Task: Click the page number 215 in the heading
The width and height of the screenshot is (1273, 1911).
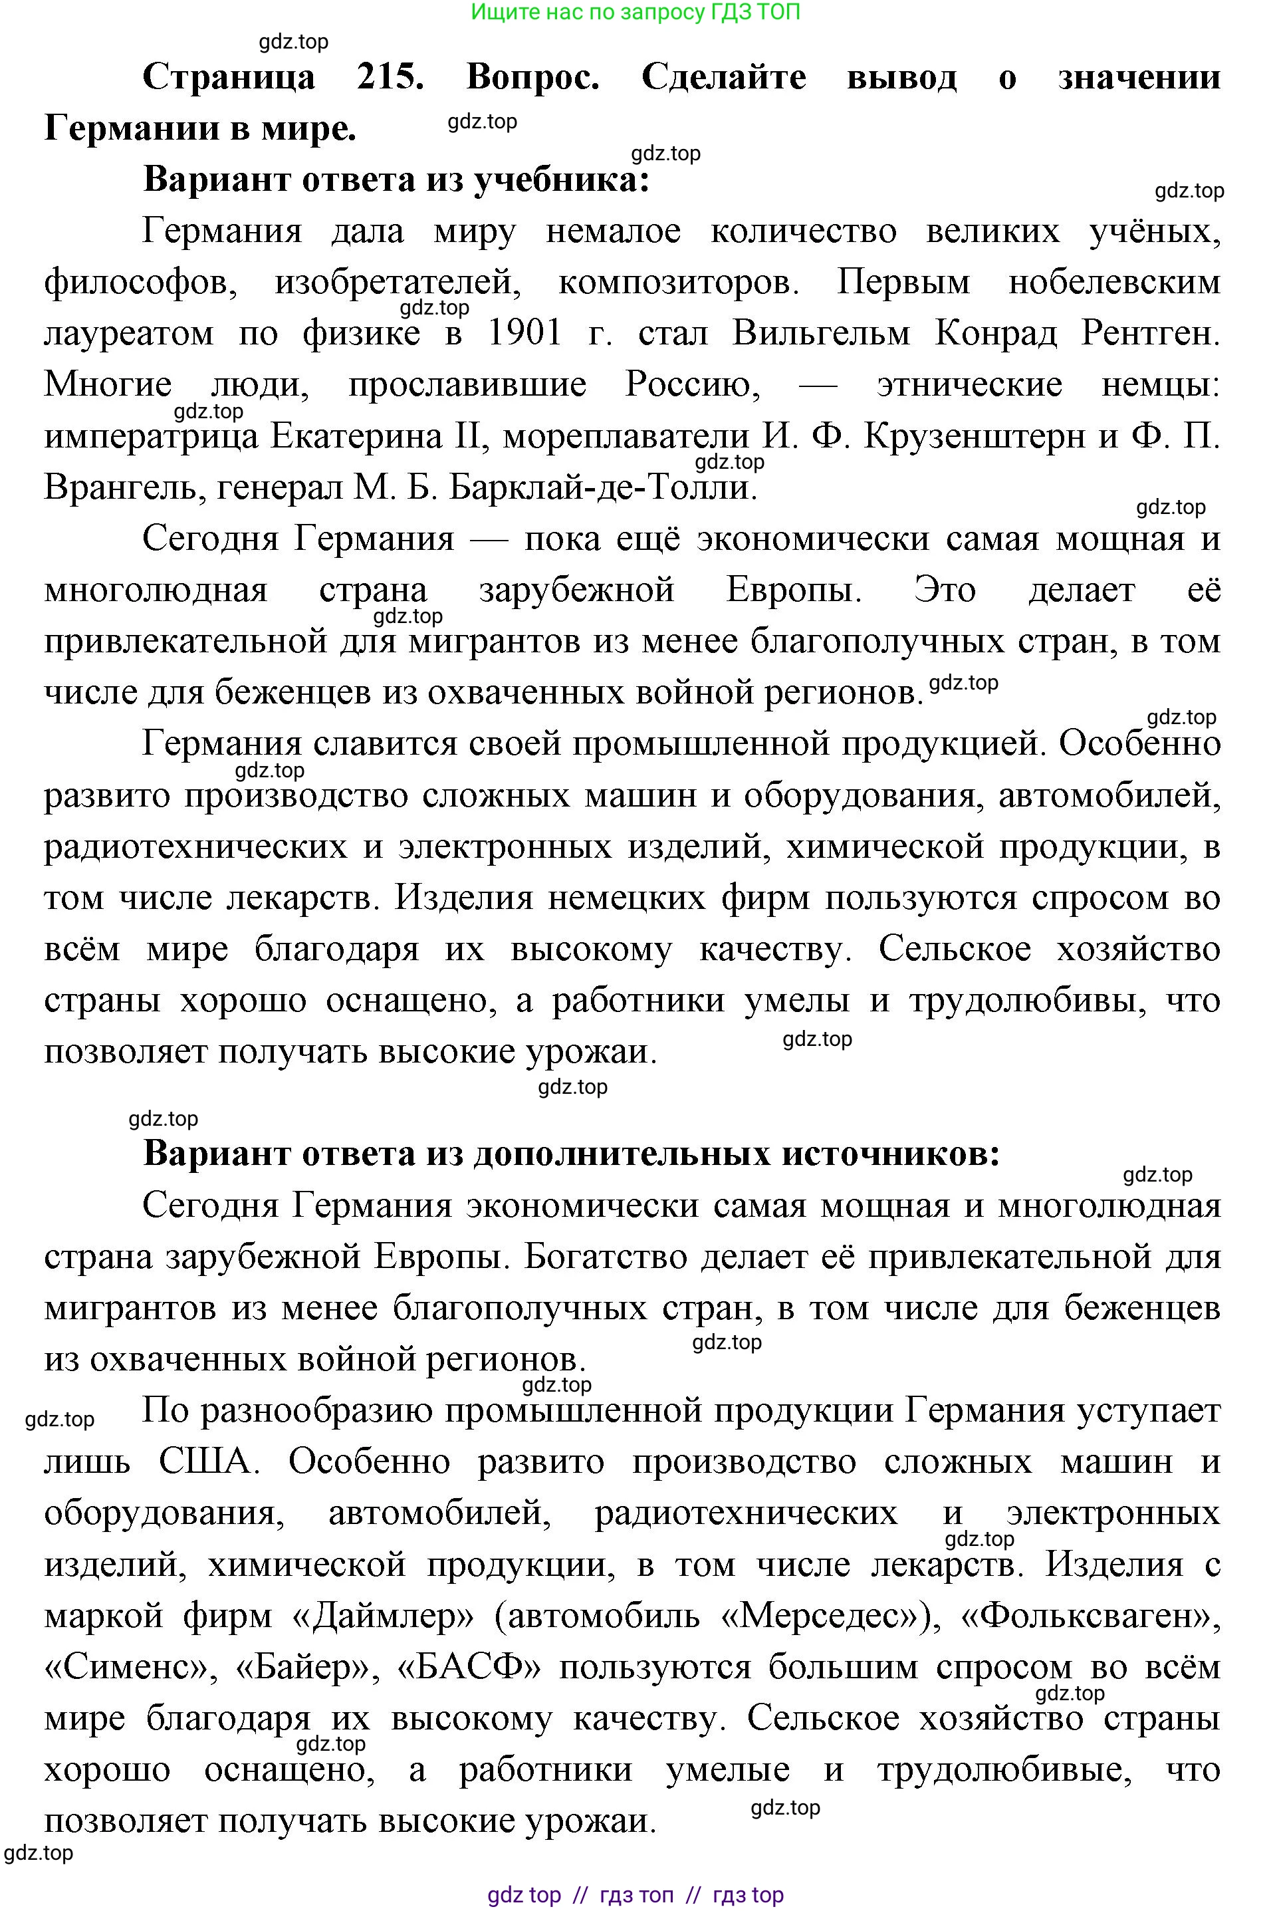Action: pos(390,77)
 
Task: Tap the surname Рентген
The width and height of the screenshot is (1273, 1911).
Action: pos(1149,334)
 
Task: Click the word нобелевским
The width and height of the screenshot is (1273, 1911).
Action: pos(1114,283)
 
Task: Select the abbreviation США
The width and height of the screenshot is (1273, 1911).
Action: pos(205,1462)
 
